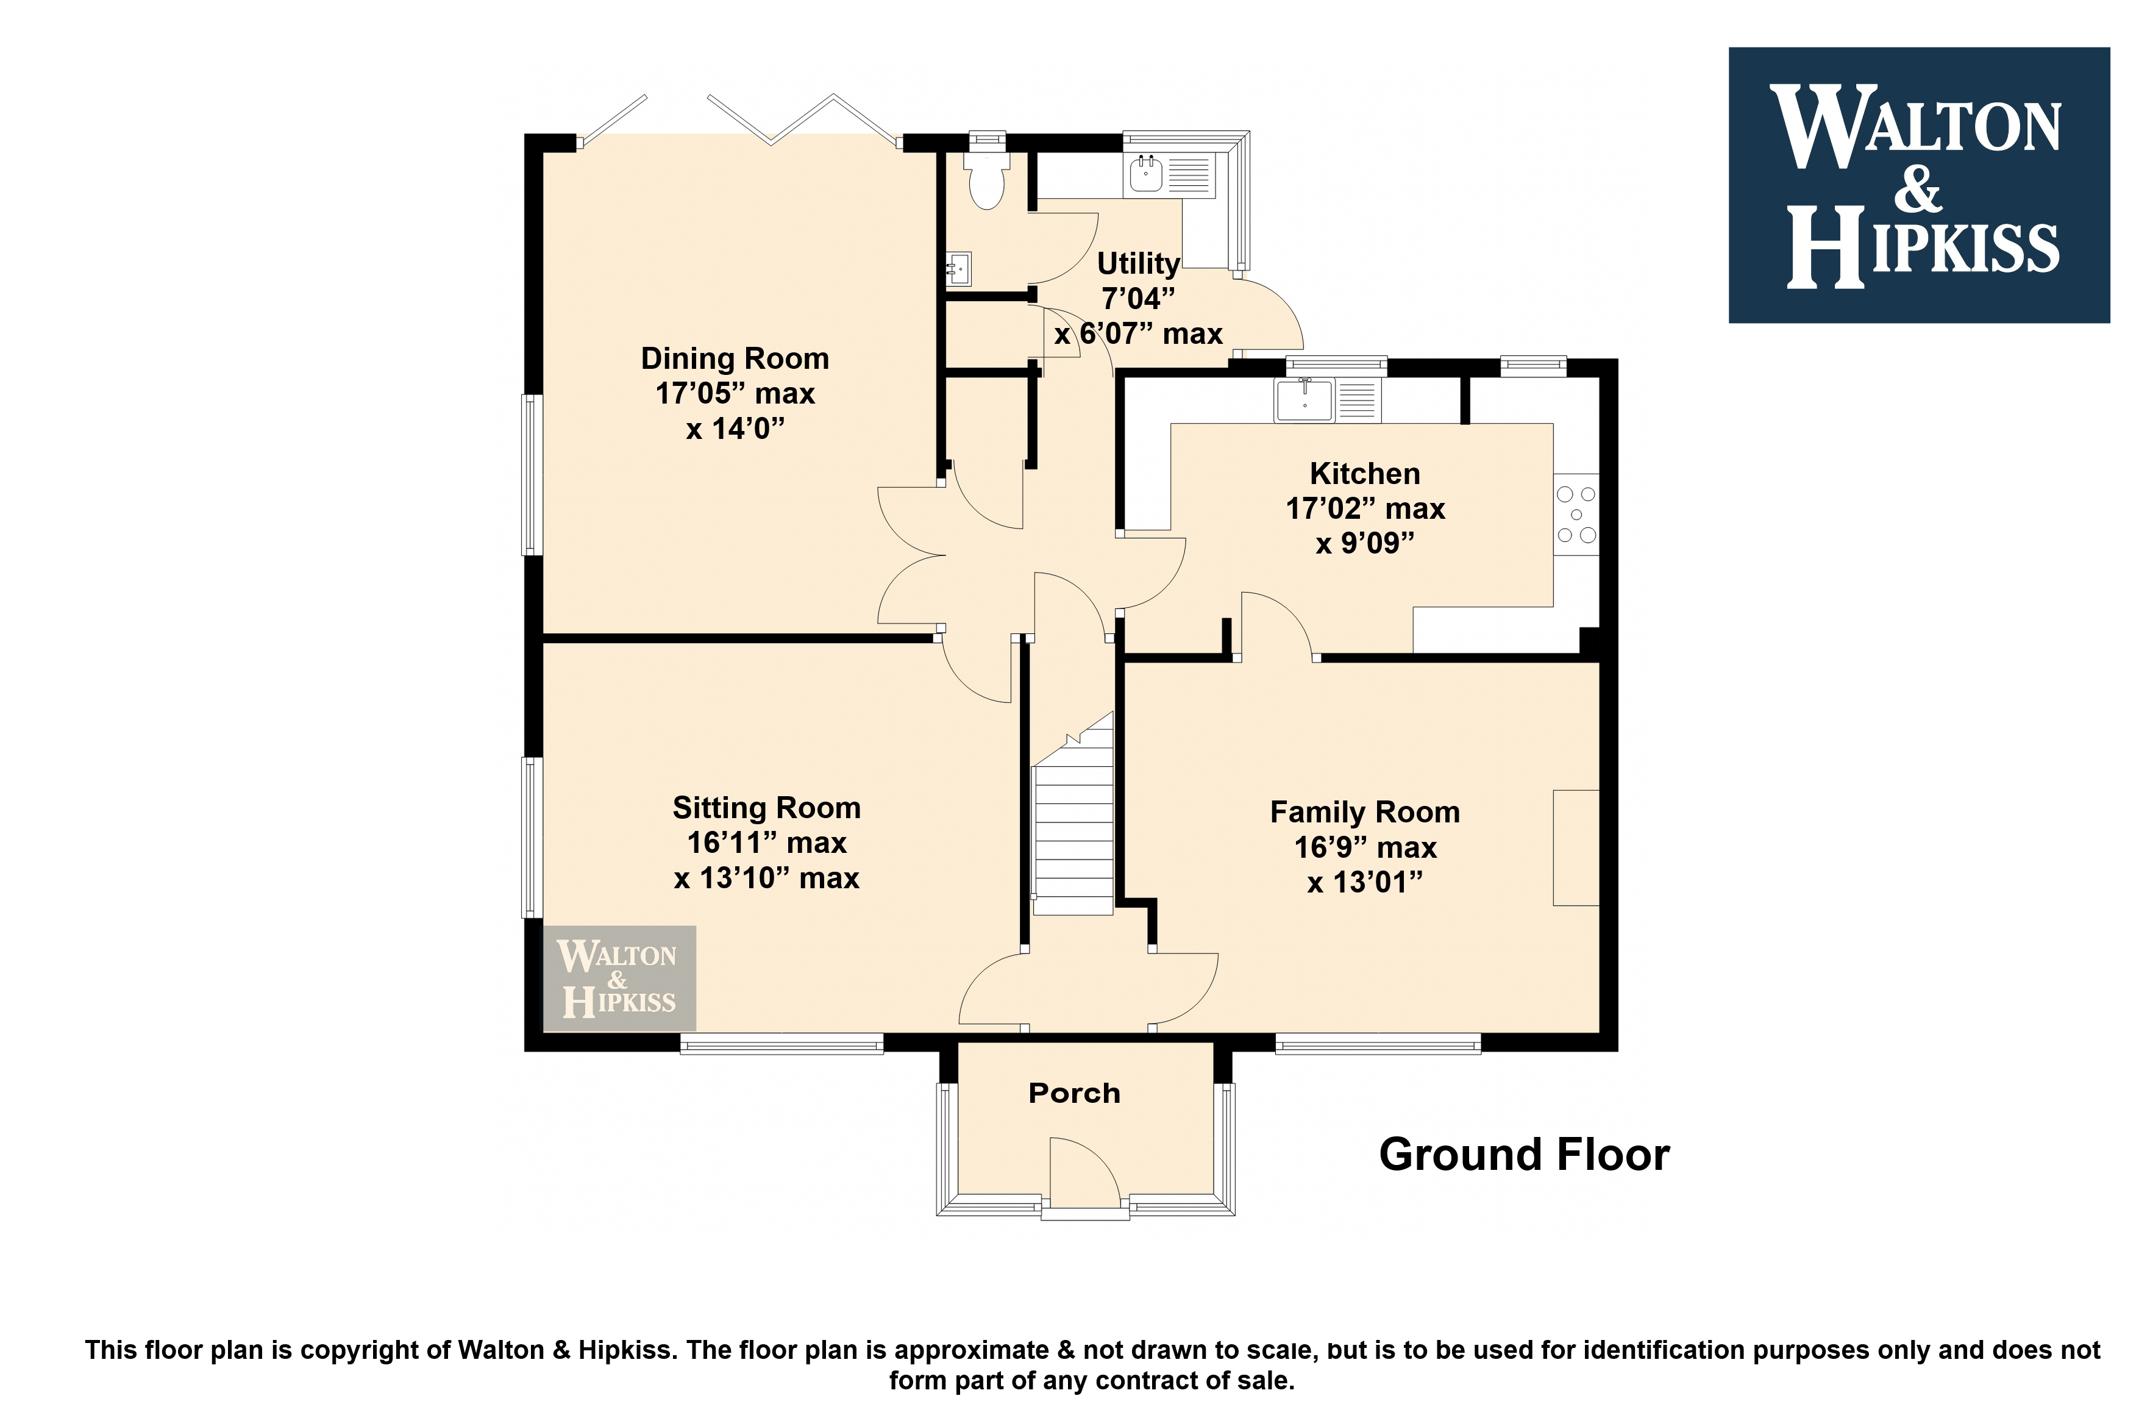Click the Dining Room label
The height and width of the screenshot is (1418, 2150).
(734, 359)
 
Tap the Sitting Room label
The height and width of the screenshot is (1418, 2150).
(767, 808)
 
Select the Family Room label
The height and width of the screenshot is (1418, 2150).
(1364, 812)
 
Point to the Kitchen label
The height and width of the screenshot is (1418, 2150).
(1364, 474)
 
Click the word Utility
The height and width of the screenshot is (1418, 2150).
(1138, 264)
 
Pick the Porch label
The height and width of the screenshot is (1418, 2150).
(1074, 1093)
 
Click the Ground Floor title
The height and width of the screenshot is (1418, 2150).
(1525, 1155)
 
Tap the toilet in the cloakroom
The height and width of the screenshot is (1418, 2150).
(986, 178)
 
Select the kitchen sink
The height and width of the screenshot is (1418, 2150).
(1327, 401)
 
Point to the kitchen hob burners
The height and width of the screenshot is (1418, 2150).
(1576, 515)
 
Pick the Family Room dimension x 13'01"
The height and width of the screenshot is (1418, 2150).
(1364, 883)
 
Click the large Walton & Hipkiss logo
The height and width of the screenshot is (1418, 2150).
(1918, 185)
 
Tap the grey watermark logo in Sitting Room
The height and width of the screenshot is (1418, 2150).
(619, 978)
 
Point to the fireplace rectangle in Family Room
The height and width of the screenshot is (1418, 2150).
(1576, 847)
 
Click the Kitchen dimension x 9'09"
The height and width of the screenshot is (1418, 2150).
(1364, 544)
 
